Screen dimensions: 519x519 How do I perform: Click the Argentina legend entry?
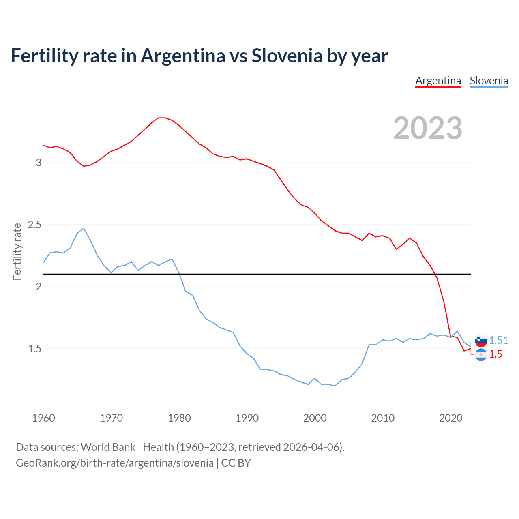coord(438,81)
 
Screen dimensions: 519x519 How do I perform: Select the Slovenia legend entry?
coord(489,81)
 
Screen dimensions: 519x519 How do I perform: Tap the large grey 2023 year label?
coord(427,128)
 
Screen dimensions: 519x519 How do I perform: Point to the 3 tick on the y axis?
coord(39,163)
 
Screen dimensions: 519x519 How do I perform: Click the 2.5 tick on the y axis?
coord(35,225)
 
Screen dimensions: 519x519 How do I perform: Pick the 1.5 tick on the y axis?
coord(35,349)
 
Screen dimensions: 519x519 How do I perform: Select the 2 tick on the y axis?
coord(39,287)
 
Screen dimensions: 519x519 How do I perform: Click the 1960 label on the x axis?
coord(43,418)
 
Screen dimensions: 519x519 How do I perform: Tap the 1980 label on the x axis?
coord(179,418)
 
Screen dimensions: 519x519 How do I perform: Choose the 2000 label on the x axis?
coord(315,418)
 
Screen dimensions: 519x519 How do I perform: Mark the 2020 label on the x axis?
coord(450,418)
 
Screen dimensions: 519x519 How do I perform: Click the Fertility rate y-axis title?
coord(17,251)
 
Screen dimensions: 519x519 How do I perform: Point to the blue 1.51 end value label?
coord(498,340)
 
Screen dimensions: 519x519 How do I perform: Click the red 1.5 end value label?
coord(495,354)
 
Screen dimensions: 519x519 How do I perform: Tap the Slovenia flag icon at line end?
coord(481,341)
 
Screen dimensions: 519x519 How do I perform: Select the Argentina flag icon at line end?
coord(481,355)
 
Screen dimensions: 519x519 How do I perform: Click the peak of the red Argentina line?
coord(162,118)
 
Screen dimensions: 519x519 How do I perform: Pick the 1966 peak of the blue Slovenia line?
coord(84,228)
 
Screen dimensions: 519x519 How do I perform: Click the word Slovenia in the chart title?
coord(287,56)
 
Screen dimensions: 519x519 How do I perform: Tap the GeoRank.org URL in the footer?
coord(114,463)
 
